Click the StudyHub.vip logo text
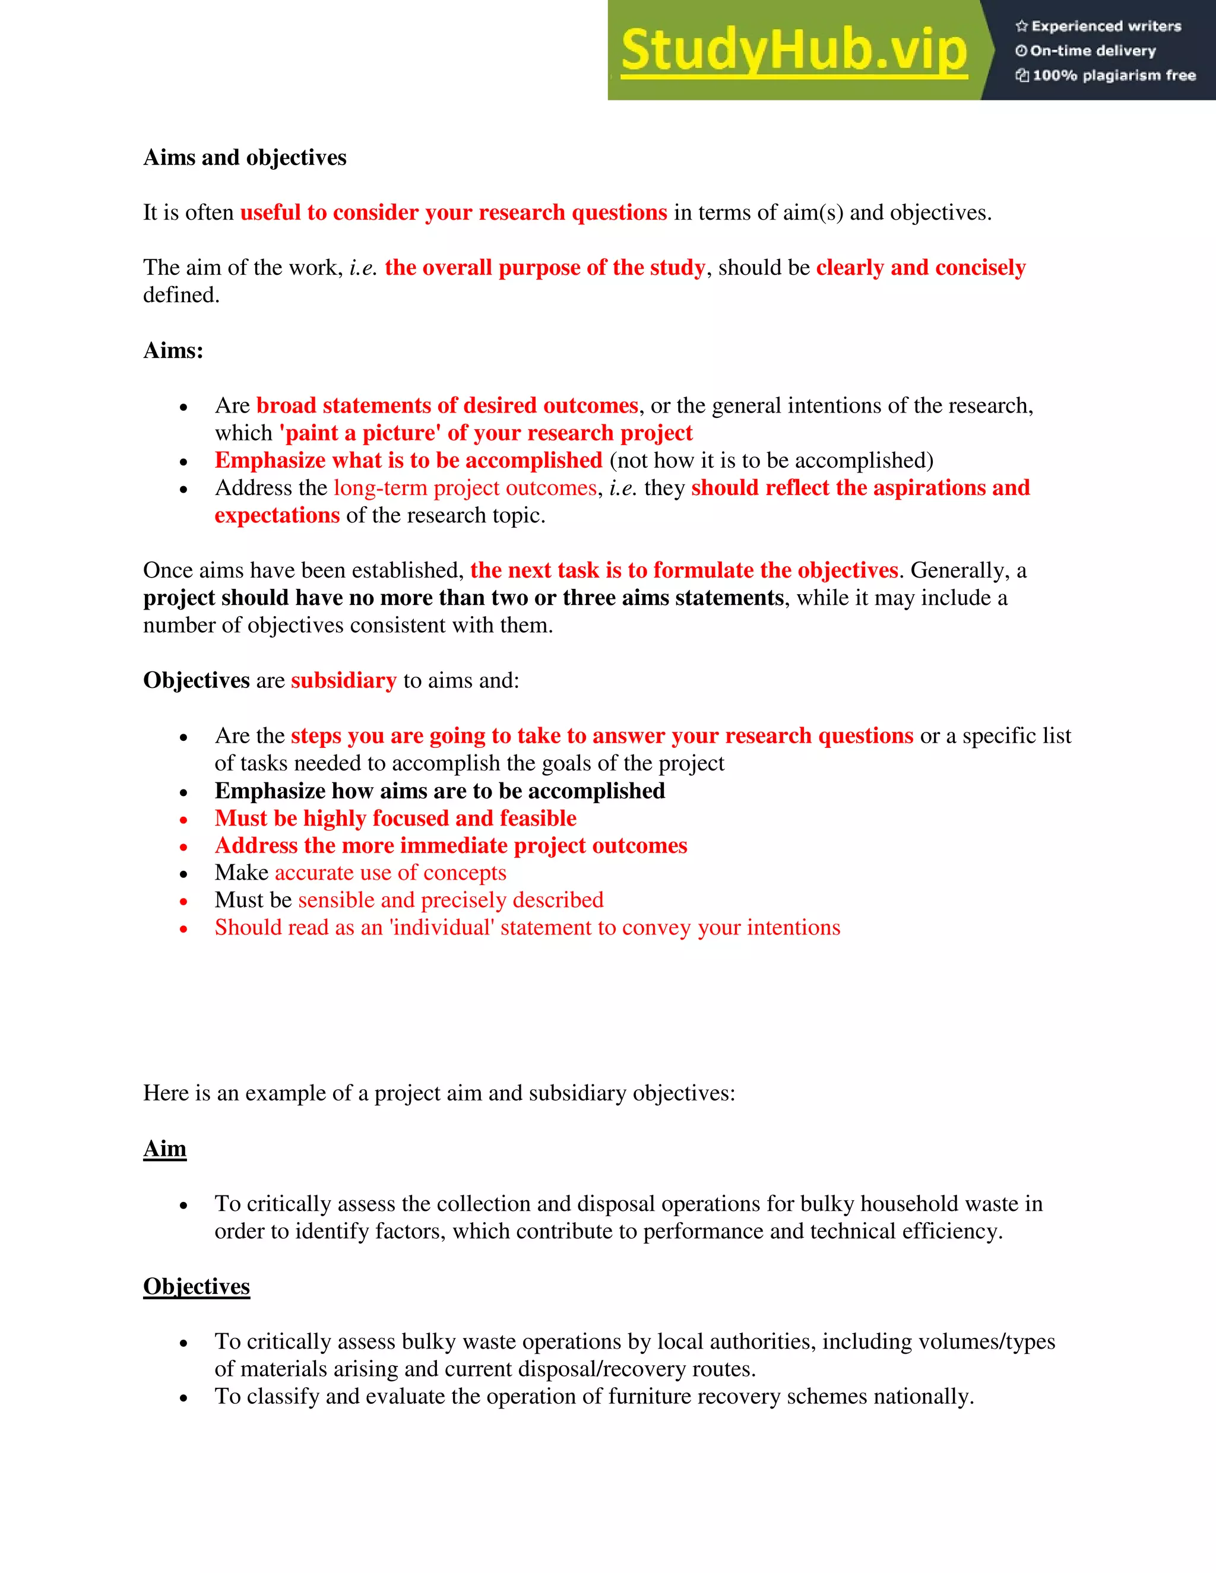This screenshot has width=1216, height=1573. click(x=793, y=50)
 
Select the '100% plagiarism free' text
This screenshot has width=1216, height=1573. click(x=1113, y=75)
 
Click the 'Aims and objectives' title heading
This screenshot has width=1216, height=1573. click(x=245, y=158)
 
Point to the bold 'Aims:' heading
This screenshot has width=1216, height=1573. click(x=173, y=351)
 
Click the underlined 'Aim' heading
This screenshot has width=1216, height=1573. click(x=164, y=1149)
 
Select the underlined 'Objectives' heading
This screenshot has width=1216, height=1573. click(x=196, y=1287)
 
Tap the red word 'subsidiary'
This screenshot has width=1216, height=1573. click(x=344, y=681)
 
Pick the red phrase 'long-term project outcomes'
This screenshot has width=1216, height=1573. click(x=465, y=489)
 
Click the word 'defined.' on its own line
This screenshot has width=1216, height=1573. click(x=181, y=295)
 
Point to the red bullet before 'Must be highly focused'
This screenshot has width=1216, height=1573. click(x=183, y=820)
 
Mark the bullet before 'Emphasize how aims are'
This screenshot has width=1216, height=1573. click(x=183, y=792)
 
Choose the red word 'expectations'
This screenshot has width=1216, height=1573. click(x=277, y=516)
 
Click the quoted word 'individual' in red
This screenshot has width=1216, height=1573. click(x=441, y=928)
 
